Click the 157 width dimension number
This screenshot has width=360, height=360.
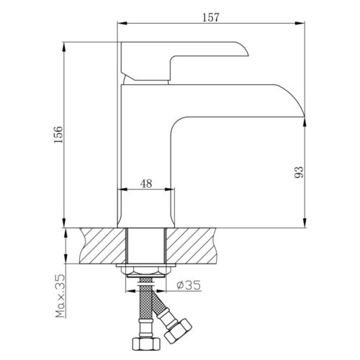[x=211, y=17]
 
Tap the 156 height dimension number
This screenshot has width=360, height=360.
[x=58, y=135]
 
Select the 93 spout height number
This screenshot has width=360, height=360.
[x=299, y=172]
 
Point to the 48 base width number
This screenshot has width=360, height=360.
[x=146, y=184]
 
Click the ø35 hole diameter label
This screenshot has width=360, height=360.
[x=189, y=285]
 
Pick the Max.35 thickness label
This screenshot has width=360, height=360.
[x=60, y=296]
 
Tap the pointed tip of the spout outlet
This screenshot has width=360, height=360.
[x=305, y=117]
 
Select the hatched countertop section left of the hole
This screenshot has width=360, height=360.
[x=103, y=246]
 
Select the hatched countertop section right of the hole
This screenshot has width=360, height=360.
[x=191, y=246]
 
